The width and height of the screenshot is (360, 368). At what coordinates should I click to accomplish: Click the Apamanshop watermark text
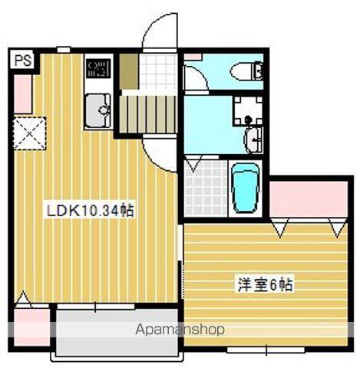click(x=180, y=330)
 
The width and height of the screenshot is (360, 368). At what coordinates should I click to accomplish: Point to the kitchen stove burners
click(x=97, y=69)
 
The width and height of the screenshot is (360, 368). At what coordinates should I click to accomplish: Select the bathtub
click(x=246, y=189)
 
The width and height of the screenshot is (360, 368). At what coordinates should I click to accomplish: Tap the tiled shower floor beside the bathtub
click(x=205, y=188)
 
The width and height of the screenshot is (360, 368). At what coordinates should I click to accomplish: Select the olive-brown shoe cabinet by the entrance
click(x=129, y=71)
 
